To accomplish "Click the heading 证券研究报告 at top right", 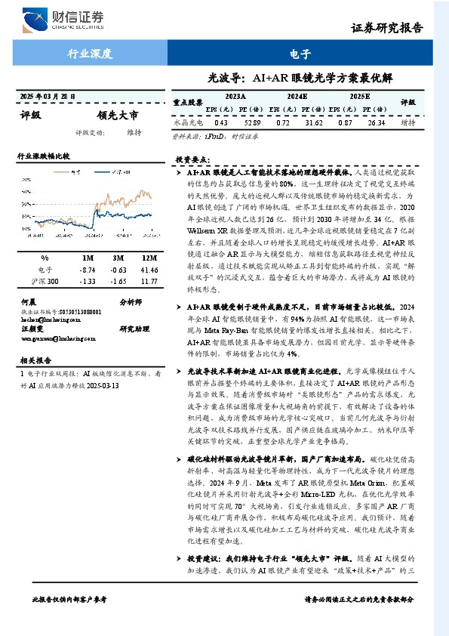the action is (x=387, y=28).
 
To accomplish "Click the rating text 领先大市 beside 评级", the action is (x=118, y=116).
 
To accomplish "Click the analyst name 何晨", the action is (x=29, y=301).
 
